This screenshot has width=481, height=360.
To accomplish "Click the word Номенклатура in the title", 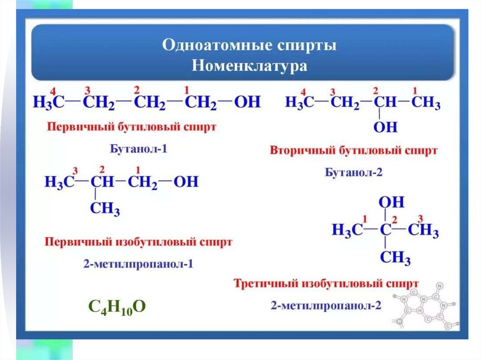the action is tap(249, 65).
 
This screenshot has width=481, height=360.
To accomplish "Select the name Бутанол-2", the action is tap(354, 172).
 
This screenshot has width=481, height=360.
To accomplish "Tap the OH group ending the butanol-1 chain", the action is tap(247, 102).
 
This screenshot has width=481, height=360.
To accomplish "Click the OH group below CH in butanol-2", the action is tap(385, 127).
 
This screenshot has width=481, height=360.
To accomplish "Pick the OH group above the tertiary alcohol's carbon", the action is tap(391, 202).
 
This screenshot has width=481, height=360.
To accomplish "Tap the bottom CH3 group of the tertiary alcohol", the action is tap(395, 258).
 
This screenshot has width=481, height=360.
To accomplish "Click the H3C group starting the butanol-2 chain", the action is tap(300, 102).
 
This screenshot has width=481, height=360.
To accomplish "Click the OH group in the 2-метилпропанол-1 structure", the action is tap(186, 182).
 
